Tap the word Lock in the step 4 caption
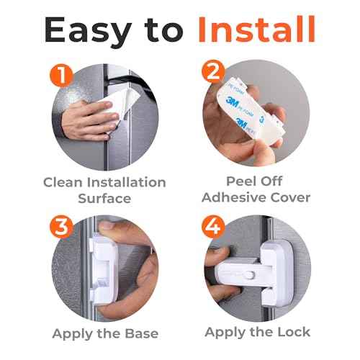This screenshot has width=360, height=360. pyautogui.click(x=292, y=332)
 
